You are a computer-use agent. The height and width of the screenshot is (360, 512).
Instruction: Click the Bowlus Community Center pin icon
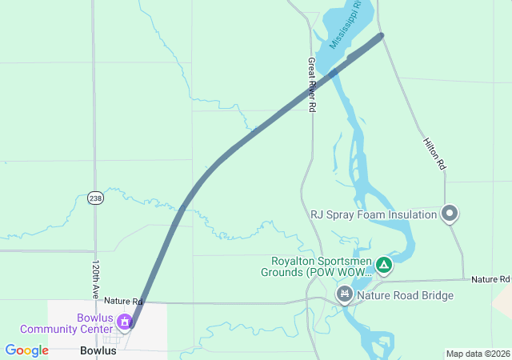(125, 322)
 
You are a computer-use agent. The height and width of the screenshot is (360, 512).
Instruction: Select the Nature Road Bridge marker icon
(344, 295)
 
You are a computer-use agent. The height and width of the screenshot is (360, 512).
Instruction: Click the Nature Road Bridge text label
(405, 295)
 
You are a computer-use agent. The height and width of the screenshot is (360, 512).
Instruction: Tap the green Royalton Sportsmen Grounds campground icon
(384, 263)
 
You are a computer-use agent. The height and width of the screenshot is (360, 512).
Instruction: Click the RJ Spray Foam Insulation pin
(450, 214)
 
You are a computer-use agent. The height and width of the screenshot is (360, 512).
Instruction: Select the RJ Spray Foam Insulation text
(374, 214)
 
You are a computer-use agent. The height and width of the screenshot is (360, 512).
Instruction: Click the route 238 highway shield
(95, 198)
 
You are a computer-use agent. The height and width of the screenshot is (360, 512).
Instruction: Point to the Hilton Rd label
(434, 152)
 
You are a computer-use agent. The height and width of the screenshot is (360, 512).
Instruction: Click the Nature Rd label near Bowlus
(122, 302)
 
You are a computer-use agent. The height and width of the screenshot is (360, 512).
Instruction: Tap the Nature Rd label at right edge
(490, 279)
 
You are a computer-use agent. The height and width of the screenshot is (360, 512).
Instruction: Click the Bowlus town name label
(98, 350)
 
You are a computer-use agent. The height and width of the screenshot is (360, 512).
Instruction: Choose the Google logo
(26, 350)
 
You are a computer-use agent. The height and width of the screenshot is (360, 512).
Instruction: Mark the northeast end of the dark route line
(381, 35)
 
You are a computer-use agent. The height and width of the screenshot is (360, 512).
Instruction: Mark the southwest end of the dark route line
(132, 326)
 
